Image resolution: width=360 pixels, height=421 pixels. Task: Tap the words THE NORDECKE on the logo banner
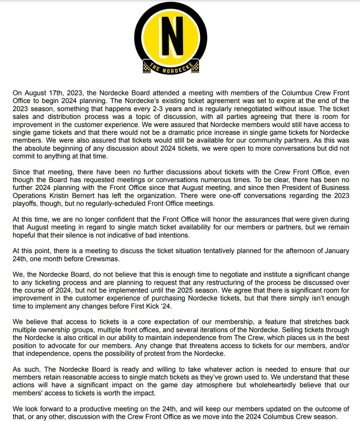(170, 67)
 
